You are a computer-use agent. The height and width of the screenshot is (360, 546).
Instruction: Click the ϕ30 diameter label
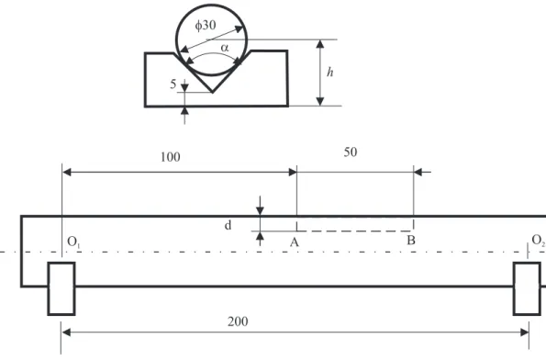206,26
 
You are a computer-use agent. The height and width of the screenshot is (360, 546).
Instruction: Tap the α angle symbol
225,48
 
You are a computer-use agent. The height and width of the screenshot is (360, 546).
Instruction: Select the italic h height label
329,73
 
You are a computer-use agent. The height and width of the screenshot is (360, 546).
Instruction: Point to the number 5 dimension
173,84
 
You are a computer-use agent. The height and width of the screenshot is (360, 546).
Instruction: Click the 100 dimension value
171,157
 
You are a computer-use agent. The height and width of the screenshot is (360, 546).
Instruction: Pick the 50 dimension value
351,152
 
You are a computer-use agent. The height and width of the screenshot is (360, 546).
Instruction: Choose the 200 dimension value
238,321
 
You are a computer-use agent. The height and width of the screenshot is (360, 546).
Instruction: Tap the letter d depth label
228,225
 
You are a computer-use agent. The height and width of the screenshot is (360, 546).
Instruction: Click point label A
295,242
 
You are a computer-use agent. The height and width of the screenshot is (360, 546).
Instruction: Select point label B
411,240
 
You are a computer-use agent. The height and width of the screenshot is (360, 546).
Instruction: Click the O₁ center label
73,242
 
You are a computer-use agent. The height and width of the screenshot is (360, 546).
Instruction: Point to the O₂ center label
539,240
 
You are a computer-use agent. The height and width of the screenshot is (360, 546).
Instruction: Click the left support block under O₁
61,288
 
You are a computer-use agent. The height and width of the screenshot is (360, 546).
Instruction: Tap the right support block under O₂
527,288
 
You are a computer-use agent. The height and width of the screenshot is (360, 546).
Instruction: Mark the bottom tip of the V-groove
212,93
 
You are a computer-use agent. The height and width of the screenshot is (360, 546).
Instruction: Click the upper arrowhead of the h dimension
320,44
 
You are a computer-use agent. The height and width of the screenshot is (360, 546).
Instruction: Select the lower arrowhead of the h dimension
320,101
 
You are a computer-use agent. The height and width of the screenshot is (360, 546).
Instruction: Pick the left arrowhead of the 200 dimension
66,332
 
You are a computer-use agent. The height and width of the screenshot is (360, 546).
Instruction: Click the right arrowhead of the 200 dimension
524,332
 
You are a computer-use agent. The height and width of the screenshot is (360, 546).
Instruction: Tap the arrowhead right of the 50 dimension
418,172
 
